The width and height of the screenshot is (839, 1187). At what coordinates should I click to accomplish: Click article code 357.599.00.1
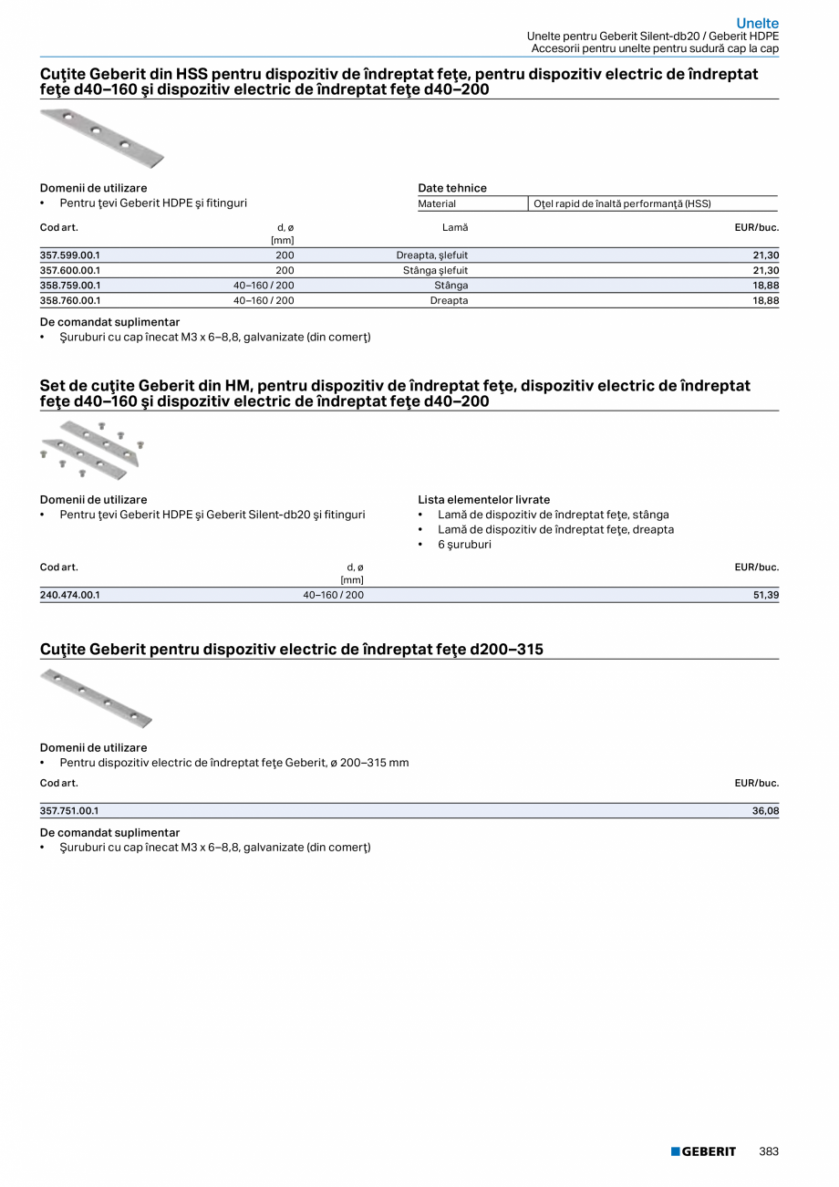70,255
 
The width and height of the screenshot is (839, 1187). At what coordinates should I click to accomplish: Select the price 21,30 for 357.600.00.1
765,271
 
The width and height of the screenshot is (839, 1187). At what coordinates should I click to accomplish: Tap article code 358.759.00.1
70,286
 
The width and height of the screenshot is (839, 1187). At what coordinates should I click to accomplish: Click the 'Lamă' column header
454,227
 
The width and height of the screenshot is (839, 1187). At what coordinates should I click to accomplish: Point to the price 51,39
765,595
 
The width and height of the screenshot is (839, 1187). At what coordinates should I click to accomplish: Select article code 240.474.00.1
70,595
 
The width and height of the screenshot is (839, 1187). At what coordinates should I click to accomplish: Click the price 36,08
765,810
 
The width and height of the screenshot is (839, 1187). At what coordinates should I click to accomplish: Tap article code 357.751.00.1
70,810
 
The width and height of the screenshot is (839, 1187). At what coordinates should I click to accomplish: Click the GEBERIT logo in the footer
703,1151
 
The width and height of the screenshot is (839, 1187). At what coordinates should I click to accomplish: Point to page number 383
769,1151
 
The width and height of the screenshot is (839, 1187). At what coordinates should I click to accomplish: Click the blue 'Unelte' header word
757,23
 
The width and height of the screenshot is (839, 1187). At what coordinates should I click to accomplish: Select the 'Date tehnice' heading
452,188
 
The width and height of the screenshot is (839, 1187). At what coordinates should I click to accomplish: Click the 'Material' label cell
437,203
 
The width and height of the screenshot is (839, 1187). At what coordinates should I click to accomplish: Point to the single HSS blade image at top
102,138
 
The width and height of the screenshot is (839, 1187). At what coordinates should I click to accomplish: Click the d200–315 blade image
97,698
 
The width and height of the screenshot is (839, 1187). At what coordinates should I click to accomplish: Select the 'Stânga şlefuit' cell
435,271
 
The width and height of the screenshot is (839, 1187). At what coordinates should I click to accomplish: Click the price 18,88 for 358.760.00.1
765,300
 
